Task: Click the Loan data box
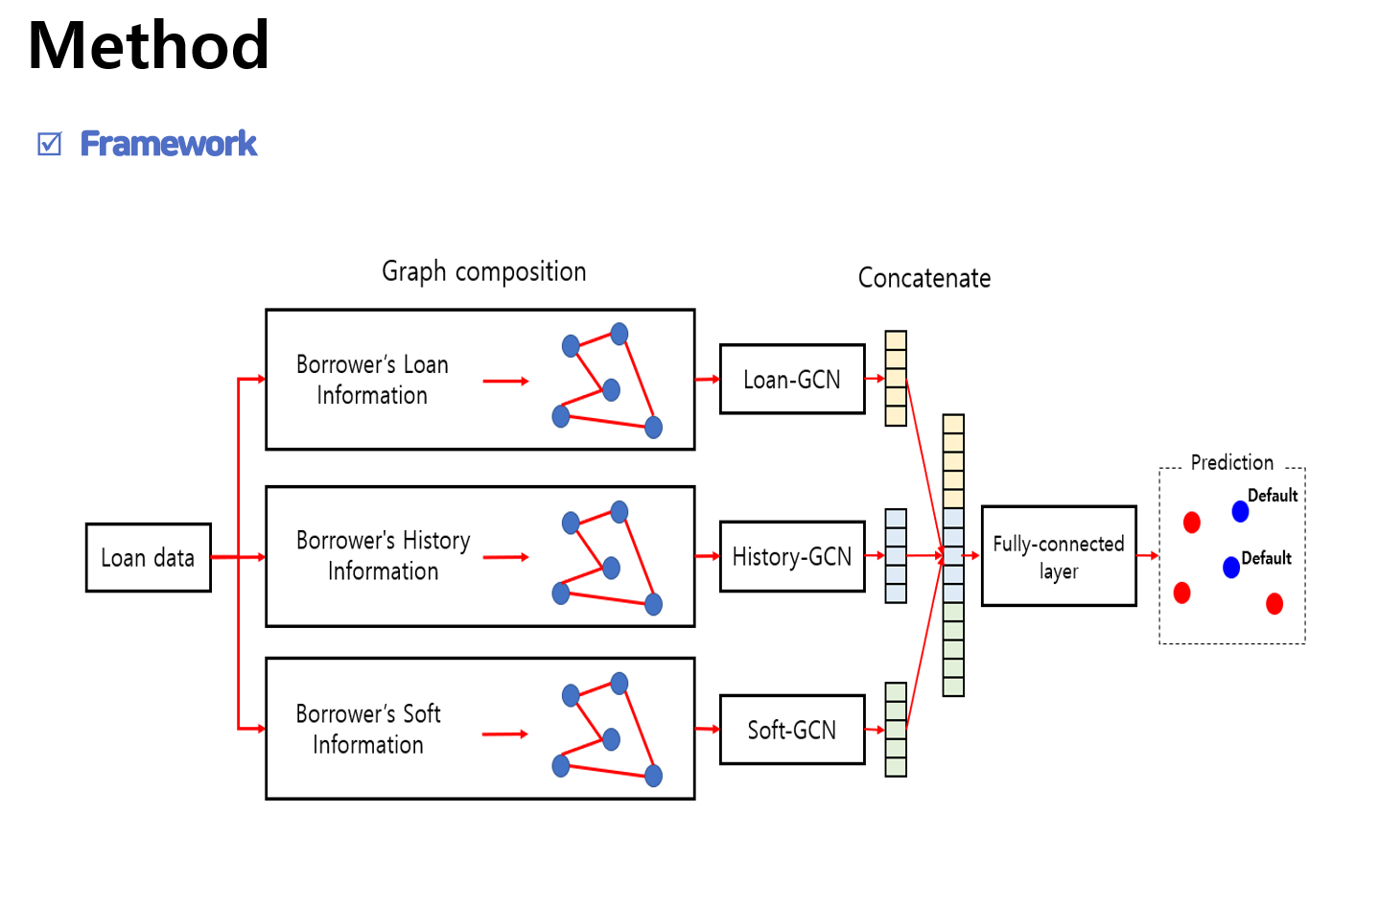[148, 557]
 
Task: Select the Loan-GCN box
[792, 380]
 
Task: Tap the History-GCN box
[792, 556]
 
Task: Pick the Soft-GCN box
[792, 730]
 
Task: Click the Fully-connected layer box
[1059, 556]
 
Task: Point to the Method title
[149, 45]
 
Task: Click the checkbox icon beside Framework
[49, 144]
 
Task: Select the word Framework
[169, 144]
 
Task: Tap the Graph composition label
[483, 271]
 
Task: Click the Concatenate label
[923, 278]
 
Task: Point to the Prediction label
[1231, 462]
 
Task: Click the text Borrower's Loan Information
[372, 380]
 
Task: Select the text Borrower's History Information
[383, 555]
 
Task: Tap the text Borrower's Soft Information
[368, 729]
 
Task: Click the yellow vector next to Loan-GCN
[896, 379]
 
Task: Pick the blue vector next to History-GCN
[896, 555]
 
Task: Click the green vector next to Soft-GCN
[896, 730]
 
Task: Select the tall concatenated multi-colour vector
[953, 555]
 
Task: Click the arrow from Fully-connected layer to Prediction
[1148, 555]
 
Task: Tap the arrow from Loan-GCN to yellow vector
[875, 379]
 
